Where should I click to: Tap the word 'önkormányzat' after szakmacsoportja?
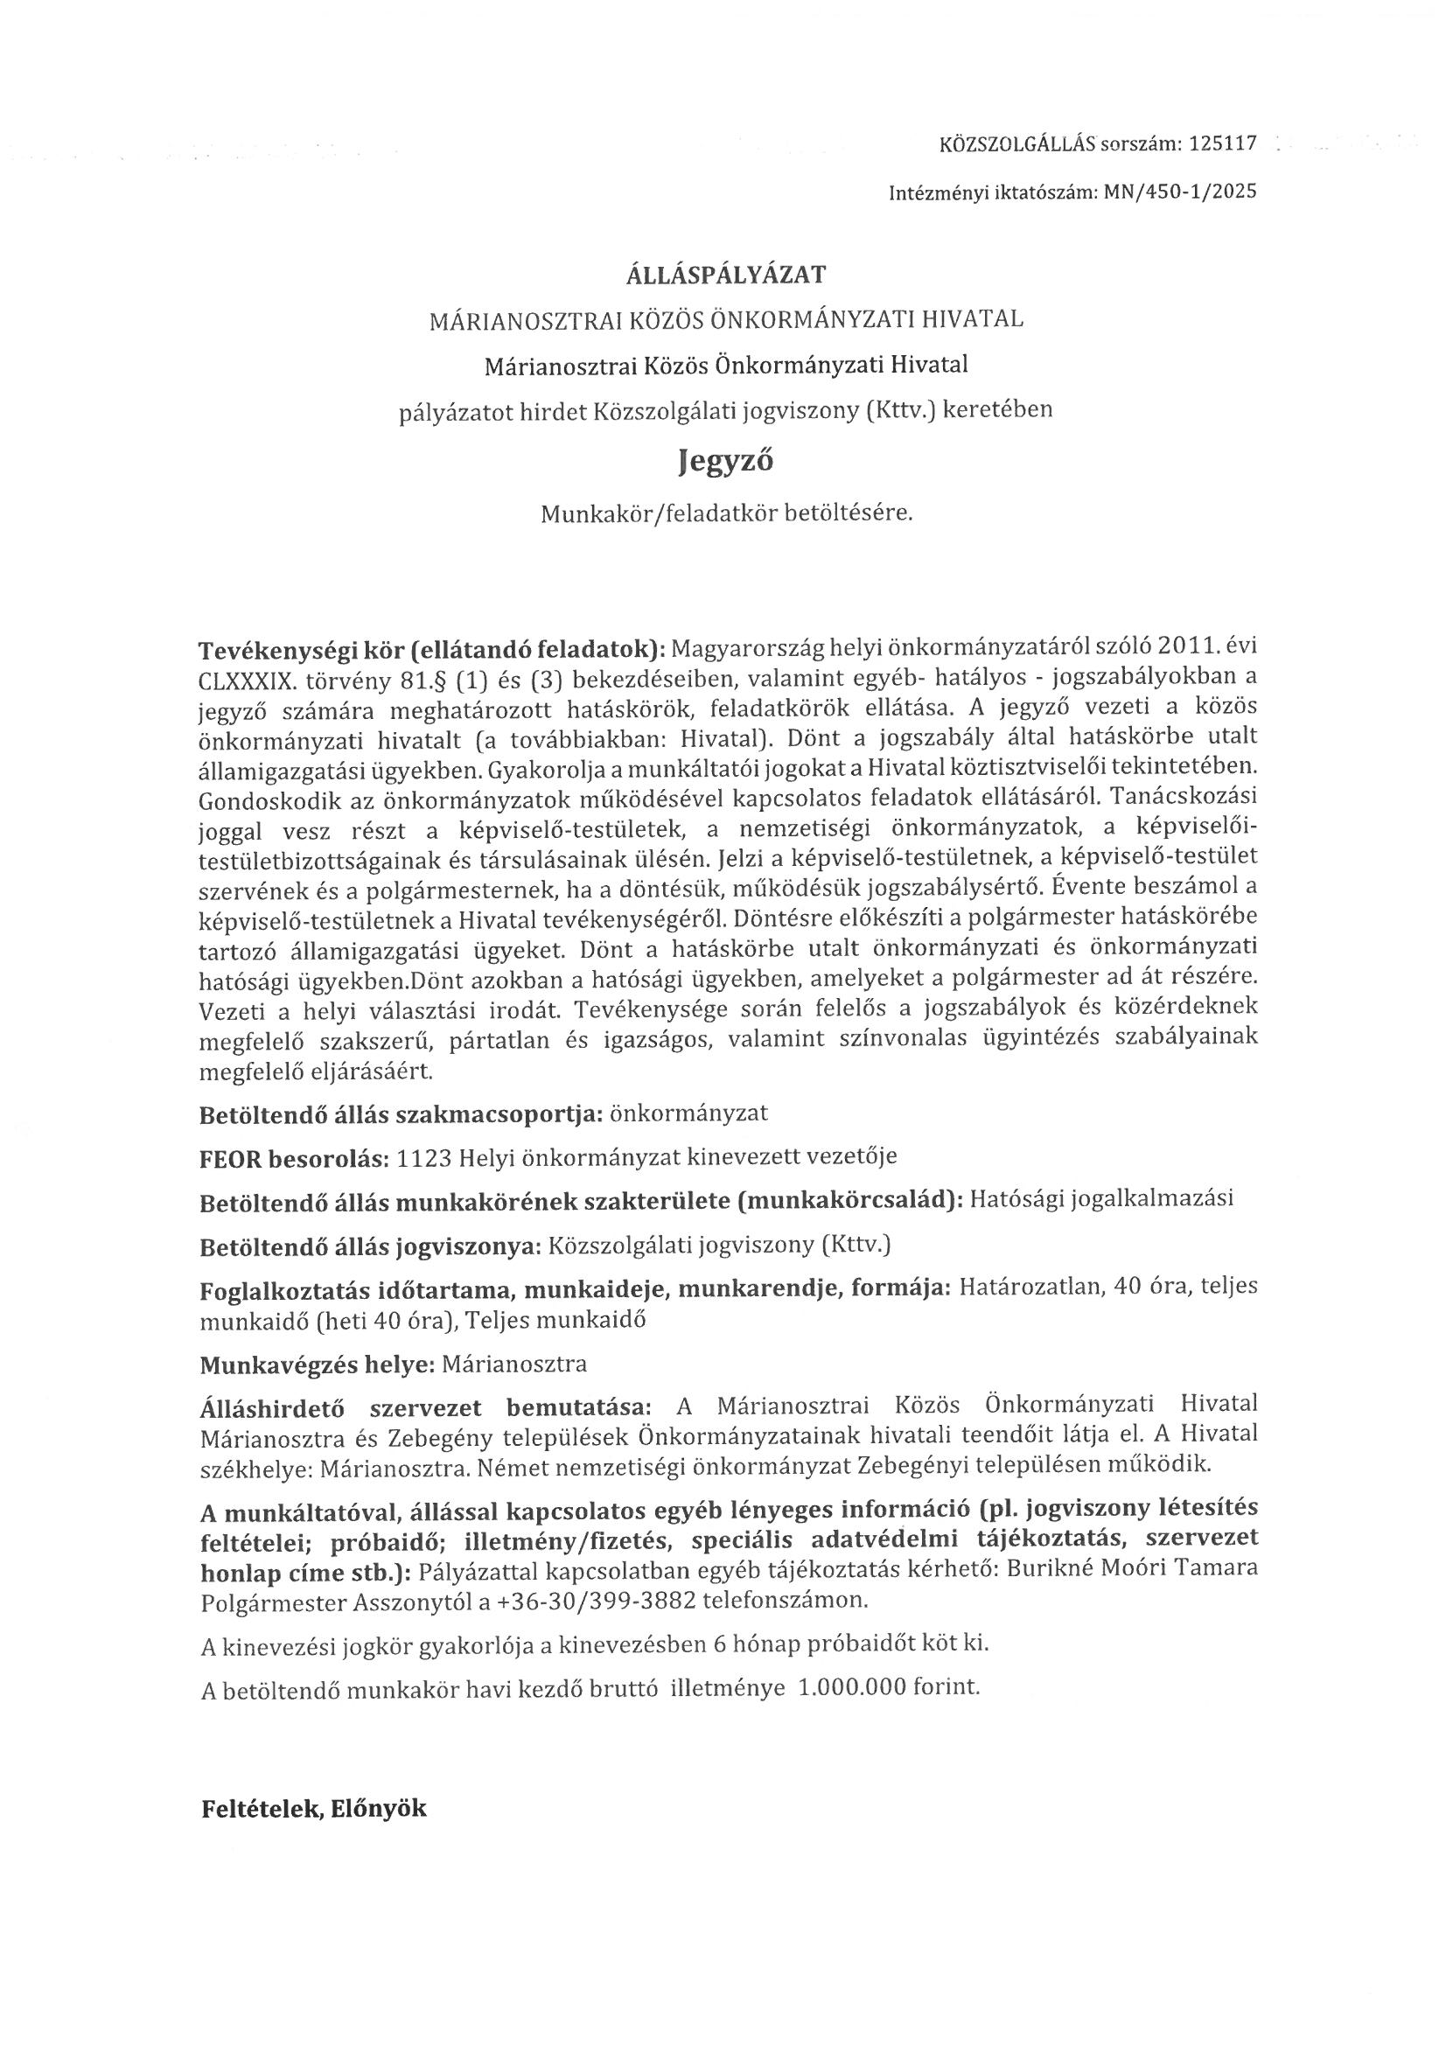coord(688,1114)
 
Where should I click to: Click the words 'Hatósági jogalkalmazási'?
coord(1100,1199)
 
